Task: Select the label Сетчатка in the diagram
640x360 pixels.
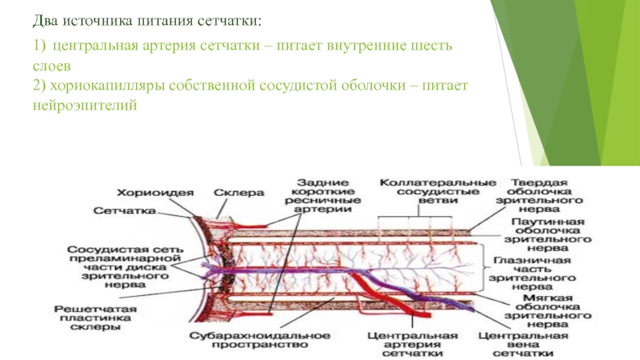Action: (x=124, y=211)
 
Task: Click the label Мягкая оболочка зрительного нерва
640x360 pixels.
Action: (x=548, y=309)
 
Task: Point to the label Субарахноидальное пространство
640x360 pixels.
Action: (x=250, y=338)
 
